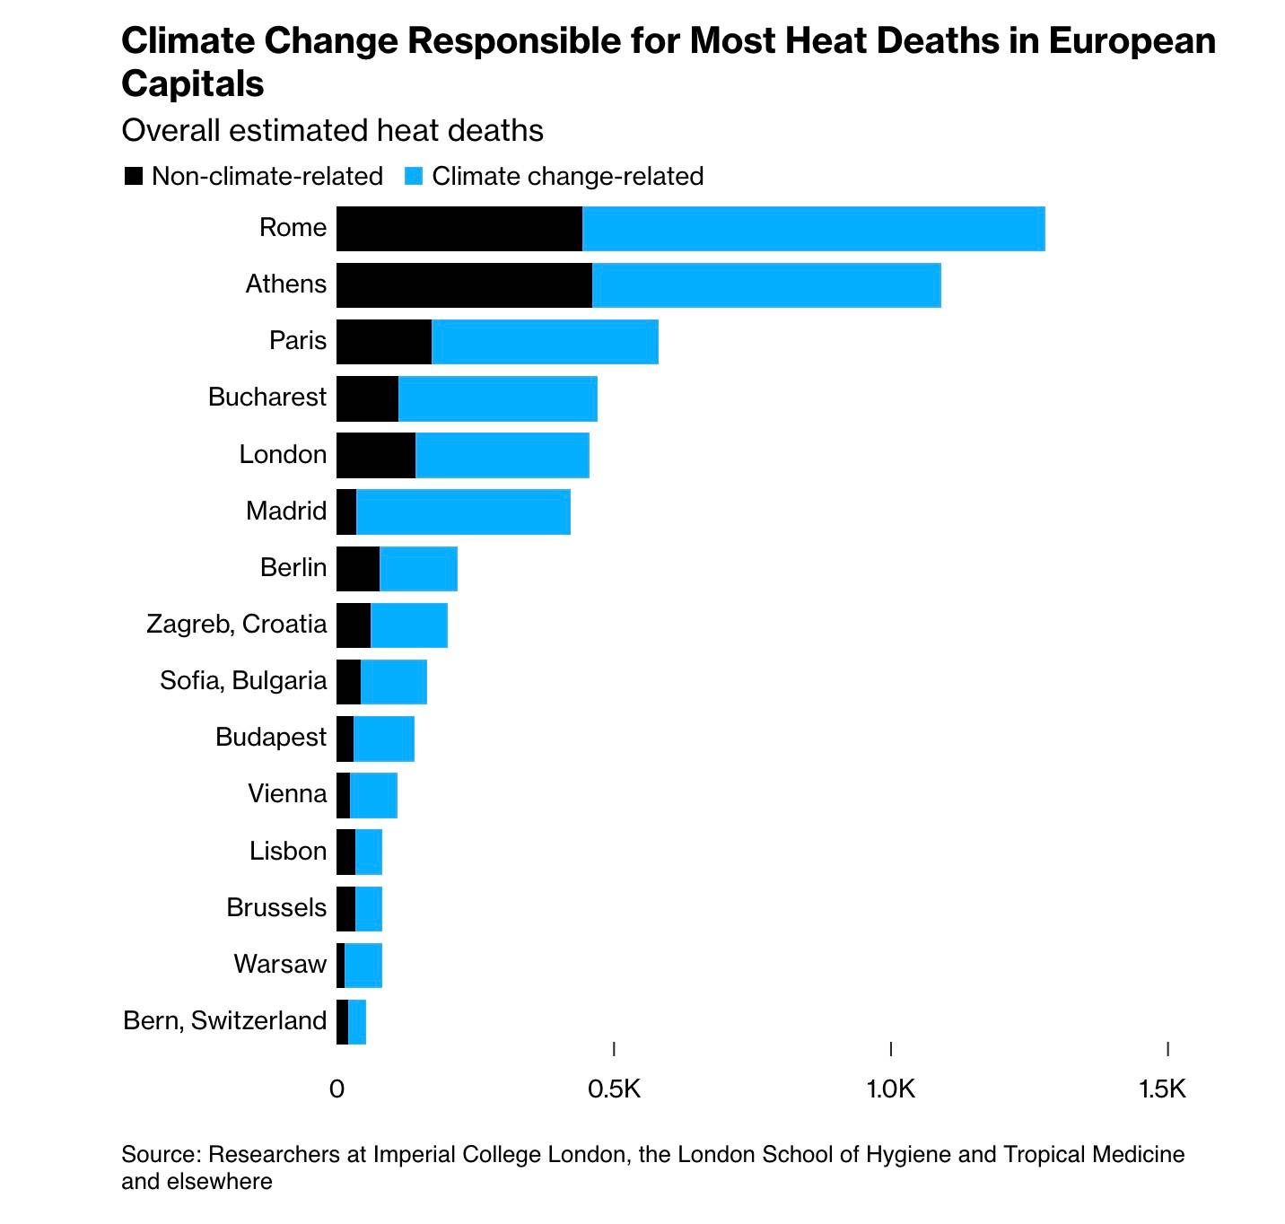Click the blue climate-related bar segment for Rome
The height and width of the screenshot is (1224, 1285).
tap(813, 229)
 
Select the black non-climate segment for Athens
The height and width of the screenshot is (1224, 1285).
tap(464, 285)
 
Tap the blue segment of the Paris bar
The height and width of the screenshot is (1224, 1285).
tap(545, 342)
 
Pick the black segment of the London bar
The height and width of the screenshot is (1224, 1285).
tap(376, 455)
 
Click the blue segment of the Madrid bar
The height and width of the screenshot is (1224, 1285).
tap(463, 511)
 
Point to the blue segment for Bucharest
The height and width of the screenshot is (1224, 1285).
tap(497, 398)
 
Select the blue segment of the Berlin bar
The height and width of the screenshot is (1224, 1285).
tap(418, 568)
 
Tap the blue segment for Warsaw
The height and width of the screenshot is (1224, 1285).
tap(363, 965)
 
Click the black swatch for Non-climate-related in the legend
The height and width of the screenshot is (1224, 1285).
tap(134, 176)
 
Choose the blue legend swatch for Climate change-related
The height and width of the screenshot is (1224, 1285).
tap(414, 176)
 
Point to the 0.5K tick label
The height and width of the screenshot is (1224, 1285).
tap(615, 1089)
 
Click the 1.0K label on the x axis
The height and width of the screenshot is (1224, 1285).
tap(891, 1089)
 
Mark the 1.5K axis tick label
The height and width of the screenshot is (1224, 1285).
tap(1162, 1089)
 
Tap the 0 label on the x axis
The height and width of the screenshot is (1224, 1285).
tap(337, 1089)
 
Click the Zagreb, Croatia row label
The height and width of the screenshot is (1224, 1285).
tap(237, 624)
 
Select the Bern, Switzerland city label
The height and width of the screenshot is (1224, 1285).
tap(225, 1020)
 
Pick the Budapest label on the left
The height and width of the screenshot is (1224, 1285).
tap(271, 737)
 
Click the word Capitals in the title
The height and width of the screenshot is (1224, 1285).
tap(193, 83)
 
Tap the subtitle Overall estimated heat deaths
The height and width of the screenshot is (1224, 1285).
tap(332, 131)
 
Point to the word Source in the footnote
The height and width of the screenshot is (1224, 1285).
tap(162, 1154)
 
